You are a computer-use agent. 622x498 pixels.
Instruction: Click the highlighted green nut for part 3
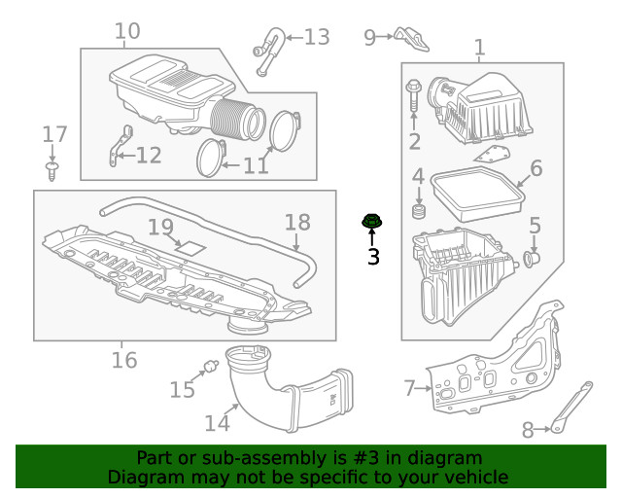[371, 223]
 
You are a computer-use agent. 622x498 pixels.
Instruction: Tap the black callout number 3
[372, 257]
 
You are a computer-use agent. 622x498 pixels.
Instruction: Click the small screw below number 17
[52, 171]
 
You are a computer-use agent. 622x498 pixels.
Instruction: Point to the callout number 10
[126, 31]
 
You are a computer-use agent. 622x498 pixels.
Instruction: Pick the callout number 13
[317, 37]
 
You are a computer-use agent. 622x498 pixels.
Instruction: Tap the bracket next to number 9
[412, 40]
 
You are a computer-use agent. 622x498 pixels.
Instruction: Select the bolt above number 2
[414, 94]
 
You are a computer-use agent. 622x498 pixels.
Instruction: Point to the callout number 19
[160, 228]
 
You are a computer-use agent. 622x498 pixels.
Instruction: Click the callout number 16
[122, 361]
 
